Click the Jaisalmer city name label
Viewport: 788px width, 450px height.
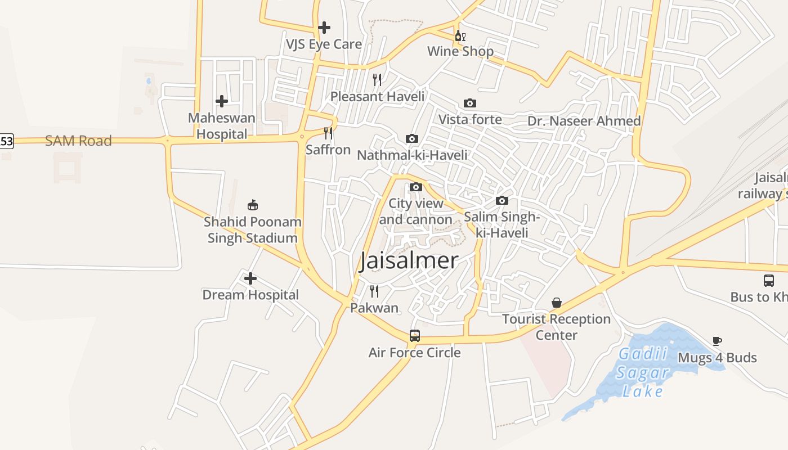click(409, 261)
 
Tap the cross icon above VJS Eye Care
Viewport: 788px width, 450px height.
click(324, 27)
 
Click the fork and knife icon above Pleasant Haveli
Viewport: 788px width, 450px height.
click(377, 80)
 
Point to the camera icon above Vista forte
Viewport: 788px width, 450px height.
click(470, 103)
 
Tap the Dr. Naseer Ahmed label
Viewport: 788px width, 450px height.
click(584, 121)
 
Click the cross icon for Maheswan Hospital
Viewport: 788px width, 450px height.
click(222, 101)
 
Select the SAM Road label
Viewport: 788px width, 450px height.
click(78, 141)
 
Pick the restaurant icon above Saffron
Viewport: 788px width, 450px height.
click(328, 133)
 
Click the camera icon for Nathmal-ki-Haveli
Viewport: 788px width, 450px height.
click(412, 138)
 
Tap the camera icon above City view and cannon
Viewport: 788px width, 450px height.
click(416, 187)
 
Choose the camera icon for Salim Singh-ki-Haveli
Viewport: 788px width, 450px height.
click(502, 200)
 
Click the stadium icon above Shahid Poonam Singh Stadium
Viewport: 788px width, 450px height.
click(253, 205)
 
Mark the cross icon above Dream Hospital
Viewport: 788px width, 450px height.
click(250, 278)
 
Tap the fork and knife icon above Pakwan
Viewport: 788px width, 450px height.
click(374, 291)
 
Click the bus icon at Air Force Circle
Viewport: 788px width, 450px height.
click(415, 336)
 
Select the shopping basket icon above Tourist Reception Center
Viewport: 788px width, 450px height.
click(557, 303)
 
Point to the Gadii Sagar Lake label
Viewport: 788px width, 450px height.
click(643, 372)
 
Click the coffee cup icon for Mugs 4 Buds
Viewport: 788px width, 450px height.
click(717, 341)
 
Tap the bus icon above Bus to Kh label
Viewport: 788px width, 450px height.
click(769, 280)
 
